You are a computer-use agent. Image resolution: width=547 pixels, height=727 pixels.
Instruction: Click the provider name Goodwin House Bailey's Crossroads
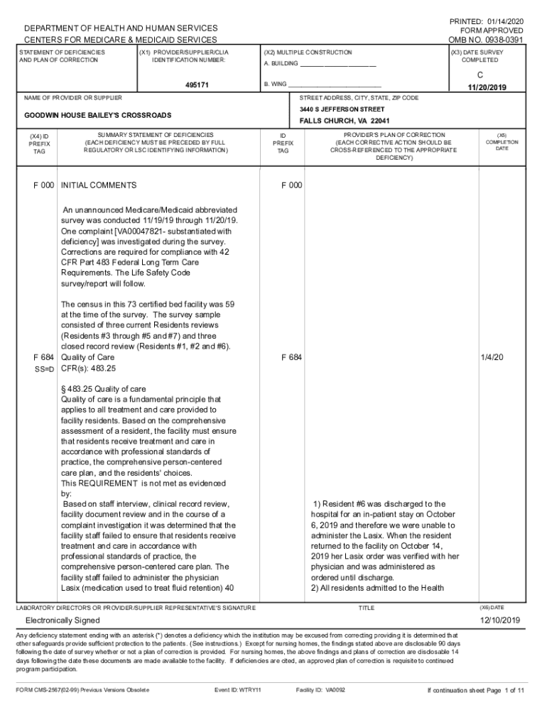pos(98,115)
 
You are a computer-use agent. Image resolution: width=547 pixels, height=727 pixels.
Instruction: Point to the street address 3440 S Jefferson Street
pos(342,109)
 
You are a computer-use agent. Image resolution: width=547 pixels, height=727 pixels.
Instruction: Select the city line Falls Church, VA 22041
pos(344,121)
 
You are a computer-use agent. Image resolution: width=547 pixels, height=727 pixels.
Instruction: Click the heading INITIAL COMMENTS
pos(99,185)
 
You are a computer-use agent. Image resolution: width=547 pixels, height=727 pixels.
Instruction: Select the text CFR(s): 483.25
pos(89,369)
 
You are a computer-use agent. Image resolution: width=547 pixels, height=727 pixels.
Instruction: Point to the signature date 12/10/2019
pos(500,621)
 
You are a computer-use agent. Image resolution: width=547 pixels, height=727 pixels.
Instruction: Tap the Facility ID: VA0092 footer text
pos(320,689)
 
